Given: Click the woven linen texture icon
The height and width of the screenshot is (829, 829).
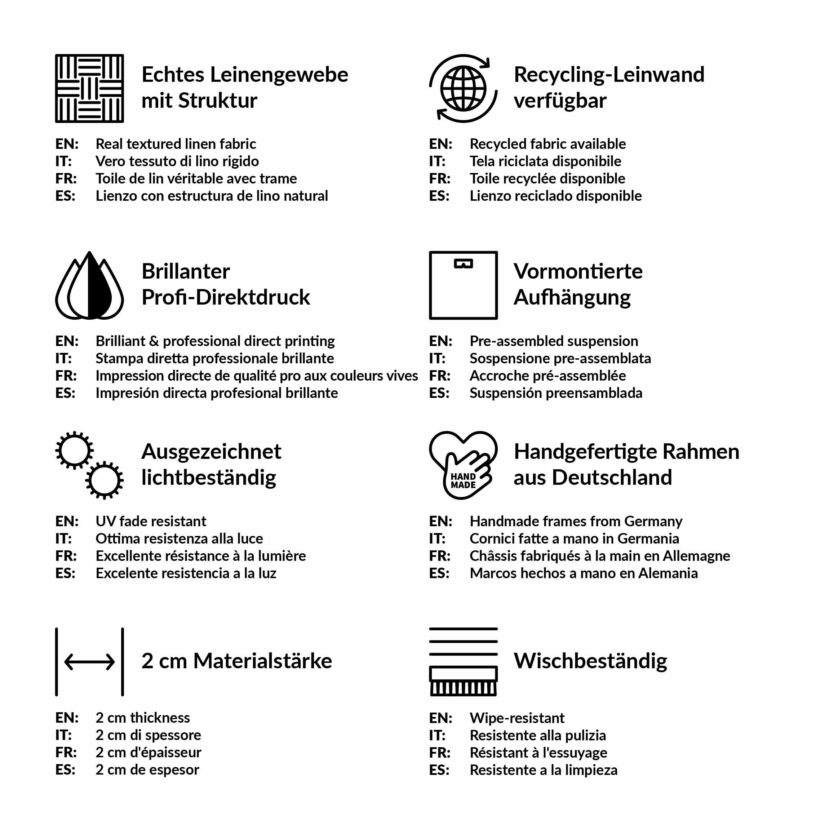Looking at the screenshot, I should pyautogui.click(x=89, y=88).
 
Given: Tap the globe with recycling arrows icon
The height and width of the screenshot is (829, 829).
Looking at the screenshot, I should pyautogui.click(x=463, y=88).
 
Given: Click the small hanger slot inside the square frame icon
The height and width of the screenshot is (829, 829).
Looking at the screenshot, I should pyautogui.click(x=463, y=263).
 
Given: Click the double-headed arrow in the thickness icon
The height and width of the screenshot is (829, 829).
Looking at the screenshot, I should pyautogui.click(x=89, y=662).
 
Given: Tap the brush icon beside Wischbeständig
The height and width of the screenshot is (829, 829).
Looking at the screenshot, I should pyautogui.click(x=463, y=681).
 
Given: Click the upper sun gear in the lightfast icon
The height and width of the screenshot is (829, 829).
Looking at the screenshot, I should pyautogui.click(x=75, y=450).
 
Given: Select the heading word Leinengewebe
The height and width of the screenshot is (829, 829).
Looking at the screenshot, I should pyautogui.click(x=279, y=75).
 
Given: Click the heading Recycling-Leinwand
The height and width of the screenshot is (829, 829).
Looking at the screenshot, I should pyautogui.click(x=609, y=75).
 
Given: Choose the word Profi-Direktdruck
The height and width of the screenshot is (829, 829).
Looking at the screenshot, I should pyautogui.click(x=226, y=297).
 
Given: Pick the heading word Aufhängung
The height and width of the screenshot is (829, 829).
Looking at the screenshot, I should pyautogui.click(x=572, y=297).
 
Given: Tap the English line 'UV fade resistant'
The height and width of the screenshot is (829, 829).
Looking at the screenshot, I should pyautogui.click(x=151, y=521).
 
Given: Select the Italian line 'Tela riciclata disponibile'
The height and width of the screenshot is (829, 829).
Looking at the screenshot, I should pyautogui.click(x=545, y=161).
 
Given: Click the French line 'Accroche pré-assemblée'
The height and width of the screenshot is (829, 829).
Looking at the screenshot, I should pyautogui.click(x=548, y=376).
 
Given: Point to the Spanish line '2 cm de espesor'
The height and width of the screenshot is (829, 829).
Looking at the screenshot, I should pyautogui.click(x=147, y=770).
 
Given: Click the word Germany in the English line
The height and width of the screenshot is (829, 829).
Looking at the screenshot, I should pyautogui.click(x=653, y=521).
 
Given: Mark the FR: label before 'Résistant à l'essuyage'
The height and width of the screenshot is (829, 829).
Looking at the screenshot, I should pyautogui.click(x=439, y=753).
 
